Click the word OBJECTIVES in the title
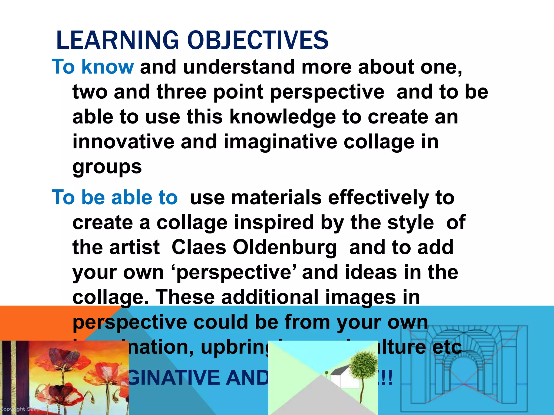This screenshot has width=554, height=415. point(258,41)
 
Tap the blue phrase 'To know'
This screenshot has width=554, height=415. point(93,67)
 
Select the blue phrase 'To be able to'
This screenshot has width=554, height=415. point(115,198)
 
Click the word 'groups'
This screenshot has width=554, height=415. point(107,167)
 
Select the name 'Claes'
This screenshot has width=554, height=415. point(199,247)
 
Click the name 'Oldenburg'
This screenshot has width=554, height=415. point(285,247)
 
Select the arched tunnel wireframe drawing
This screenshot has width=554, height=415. point(464,370)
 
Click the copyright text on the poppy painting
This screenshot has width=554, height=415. point(16,409)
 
